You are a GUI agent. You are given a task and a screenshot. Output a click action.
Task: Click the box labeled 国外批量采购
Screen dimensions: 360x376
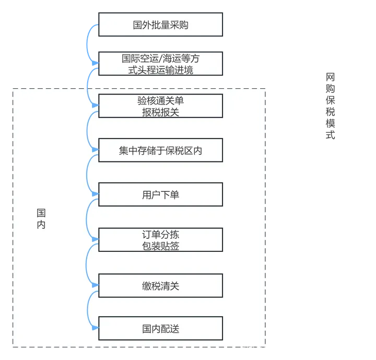point(160,25)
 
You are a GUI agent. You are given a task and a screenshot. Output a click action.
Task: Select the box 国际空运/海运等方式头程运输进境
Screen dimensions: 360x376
point(160,64)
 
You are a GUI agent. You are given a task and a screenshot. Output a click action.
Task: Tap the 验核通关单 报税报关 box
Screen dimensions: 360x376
point(160,106)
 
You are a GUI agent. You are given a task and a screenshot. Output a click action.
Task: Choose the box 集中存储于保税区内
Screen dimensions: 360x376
point(160,151)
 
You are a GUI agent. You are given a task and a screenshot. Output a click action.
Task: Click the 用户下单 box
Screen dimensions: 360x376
point(160,194)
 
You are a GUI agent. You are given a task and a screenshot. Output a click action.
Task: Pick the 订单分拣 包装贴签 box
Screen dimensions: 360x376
point(160,240)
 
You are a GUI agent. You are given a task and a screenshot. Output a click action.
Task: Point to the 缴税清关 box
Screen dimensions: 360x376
point(160,285)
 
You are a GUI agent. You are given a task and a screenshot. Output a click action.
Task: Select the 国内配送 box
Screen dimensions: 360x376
point(160,329)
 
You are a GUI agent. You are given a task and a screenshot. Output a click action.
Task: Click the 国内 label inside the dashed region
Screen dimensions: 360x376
point(41,219)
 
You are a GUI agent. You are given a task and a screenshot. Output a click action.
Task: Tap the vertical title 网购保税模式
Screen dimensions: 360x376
point(330,106)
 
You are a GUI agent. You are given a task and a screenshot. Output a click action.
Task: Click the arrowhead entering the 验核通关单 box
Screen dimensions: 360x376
point(95,106)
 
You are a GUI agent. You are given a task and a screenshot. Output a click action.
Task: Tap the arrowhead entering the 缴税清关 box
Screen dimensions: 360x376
point(95,285)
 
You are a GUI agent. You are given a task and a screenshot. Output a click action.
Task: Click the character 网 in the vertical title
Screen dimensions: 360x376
point(330,77)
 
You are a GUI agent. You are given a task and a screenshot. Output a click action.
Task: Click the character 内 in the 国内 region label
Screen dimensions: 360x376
point(41,225)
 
